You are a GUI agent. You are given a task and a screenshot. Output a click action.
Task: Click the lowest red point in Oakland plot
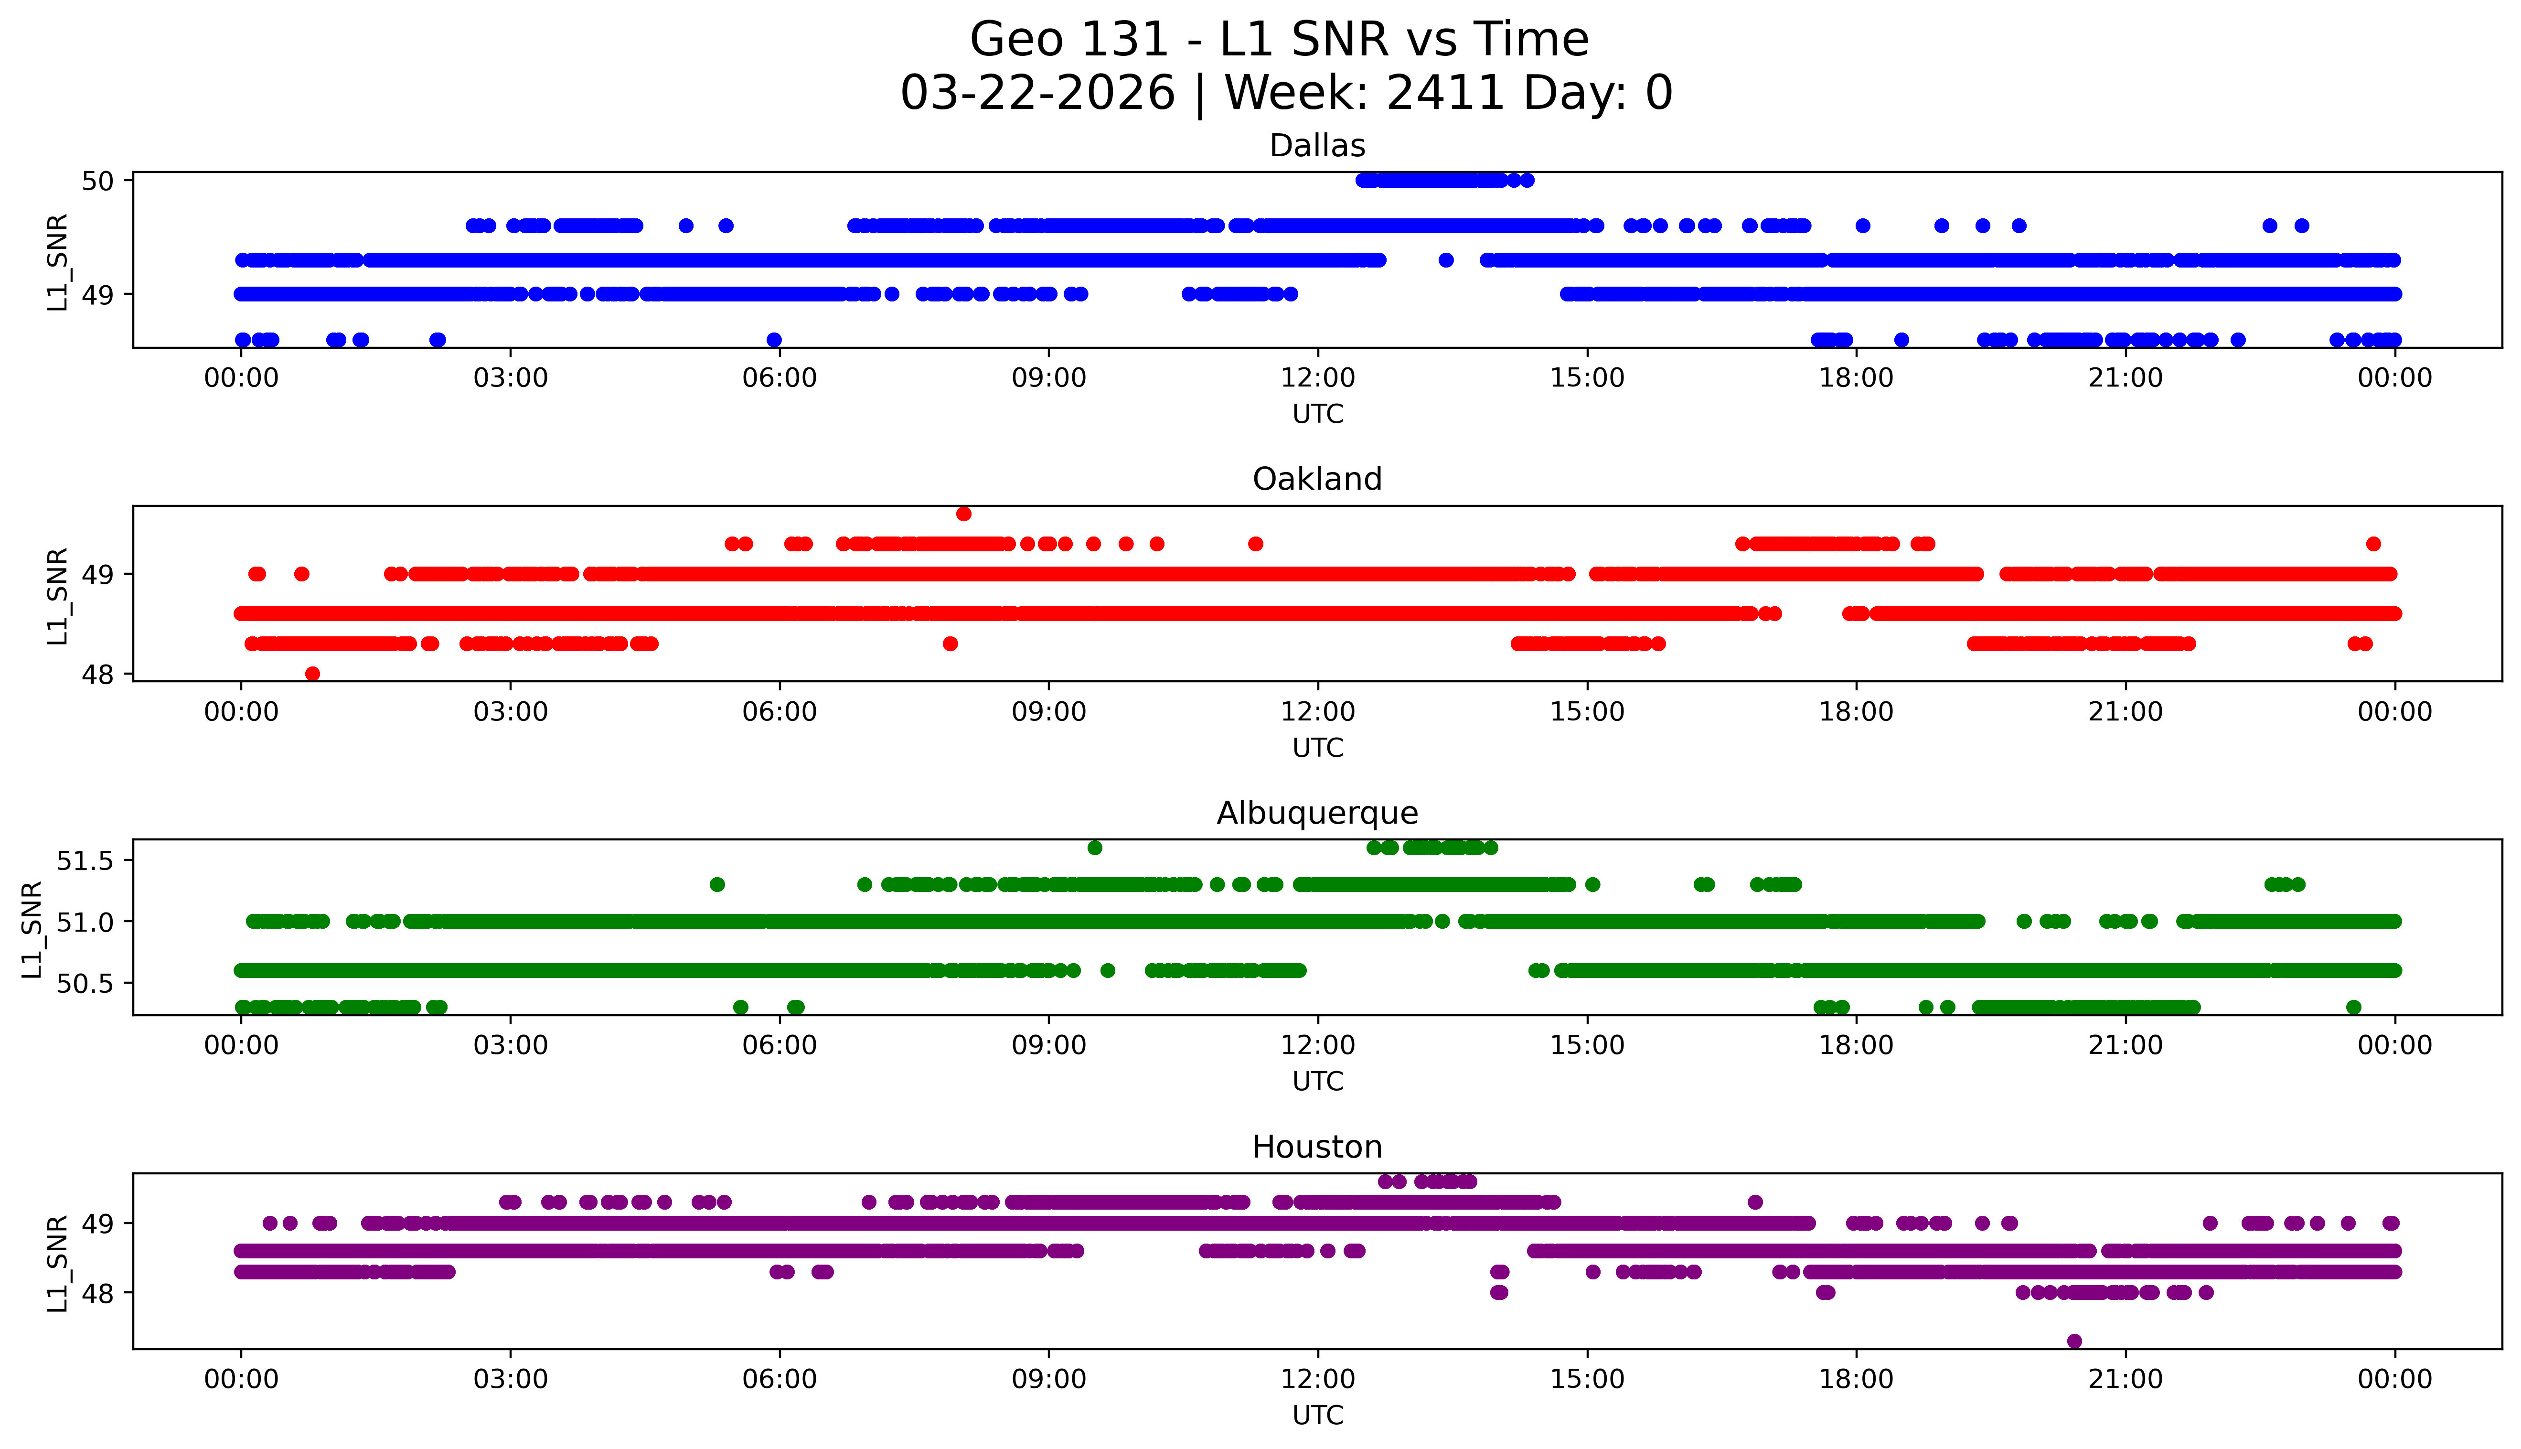(x=312, y=674)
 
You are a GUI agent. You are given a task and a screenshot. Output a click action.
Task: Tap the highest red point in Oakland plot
(x=963, y=514)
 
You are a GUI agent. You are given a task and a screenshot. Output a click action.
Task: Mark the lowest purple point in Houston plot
(x=2074, y=1342)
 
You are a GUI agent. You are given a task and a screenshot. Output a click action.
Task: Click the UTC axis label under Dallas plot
(x=1317, y=414)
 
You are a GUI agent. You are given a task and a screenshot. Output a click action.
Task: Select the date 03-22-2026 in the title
(x=1037, y=94)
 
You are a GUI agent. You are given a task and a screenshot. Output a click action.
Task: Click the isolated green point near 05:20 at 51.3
(x=717, y=884)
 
